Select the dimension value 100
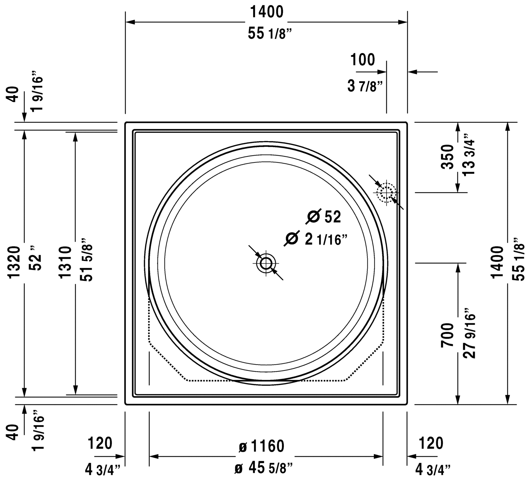pos(363,60)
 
